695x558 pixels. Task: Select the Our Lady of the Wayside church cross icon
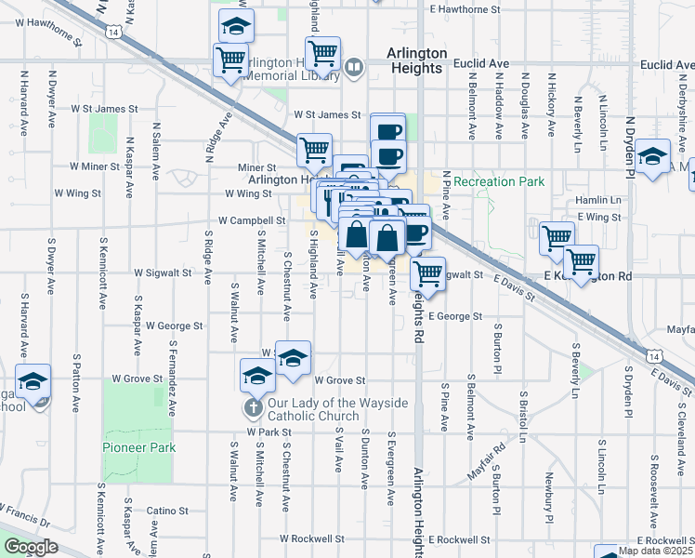(252, 408)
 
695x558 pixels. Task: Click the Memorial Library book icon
(353, 67)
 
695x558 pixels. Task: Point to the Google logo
(31, 547)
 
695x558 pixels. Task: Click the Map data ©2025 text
(656, 551)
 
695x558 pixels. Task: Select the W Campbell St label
(251, 221)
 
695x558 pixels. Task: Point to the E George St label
(454, 317)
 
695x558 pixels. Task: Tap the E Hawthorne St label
(460, 9)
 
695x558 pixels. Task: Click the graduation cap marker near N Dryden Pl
(652, 155)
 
